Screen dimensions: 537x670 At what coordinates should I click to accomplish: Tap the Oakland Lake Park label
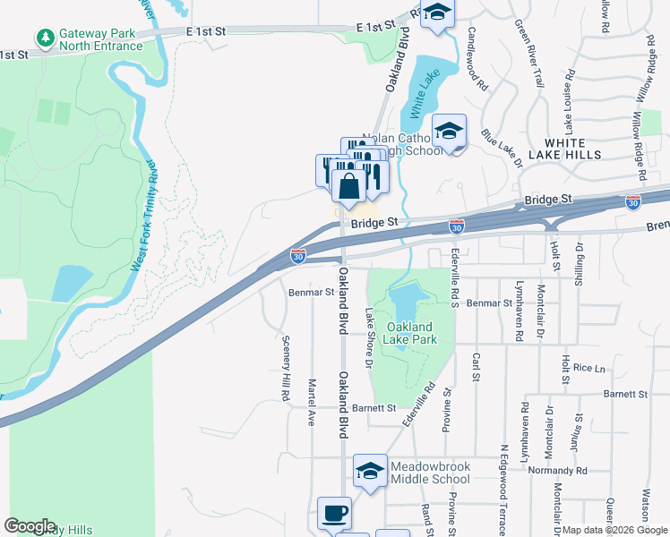coord(409,333)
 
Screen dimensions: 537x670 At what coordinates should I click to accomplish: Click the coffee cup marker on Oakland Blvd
coord(335,513)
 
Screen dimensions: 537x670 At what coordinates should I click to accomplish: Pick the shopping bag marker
coord(348,187)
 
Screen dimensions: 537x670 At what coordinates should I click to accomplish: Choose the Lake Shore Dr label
coord(368,338)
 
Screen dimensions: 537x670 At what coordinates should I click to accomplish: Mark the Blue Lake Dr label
coord(502,149)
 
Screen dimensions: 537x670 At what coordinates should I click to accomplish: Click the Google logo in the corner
coord(30,526)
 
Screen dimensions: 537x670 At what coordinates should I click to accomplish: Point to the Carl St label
coord(476,366)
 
